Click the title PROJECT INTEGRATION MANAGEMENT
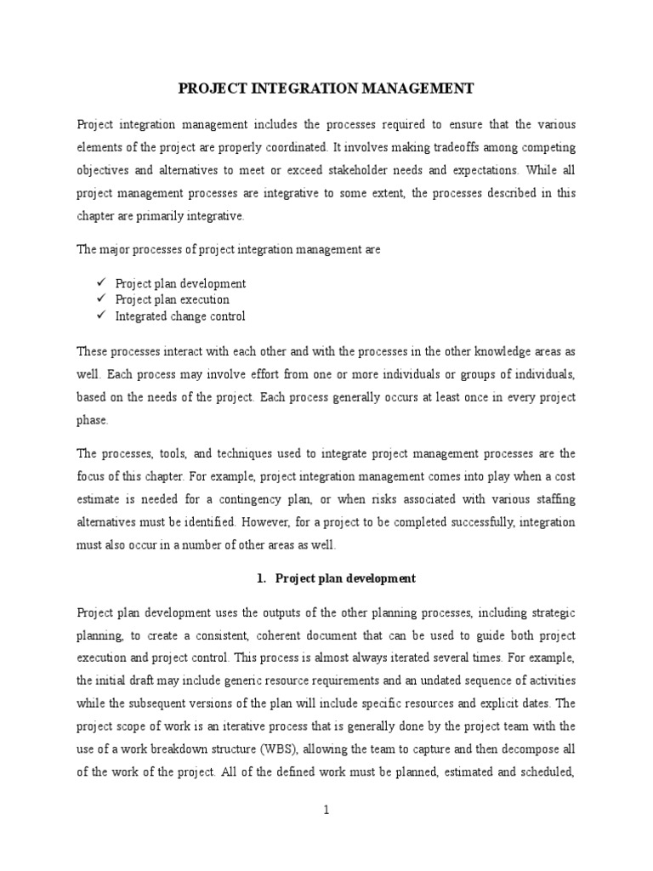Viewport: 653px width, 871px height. point(326,88)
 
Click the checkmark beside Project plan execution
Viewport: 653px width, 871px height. point(99,299)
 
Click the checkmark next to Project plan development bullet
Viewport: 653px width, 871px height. point(99,283)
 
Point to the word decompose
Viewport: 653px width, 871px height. point(534,749)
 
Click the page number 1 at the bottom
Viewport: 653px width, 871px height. point(326,811)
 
